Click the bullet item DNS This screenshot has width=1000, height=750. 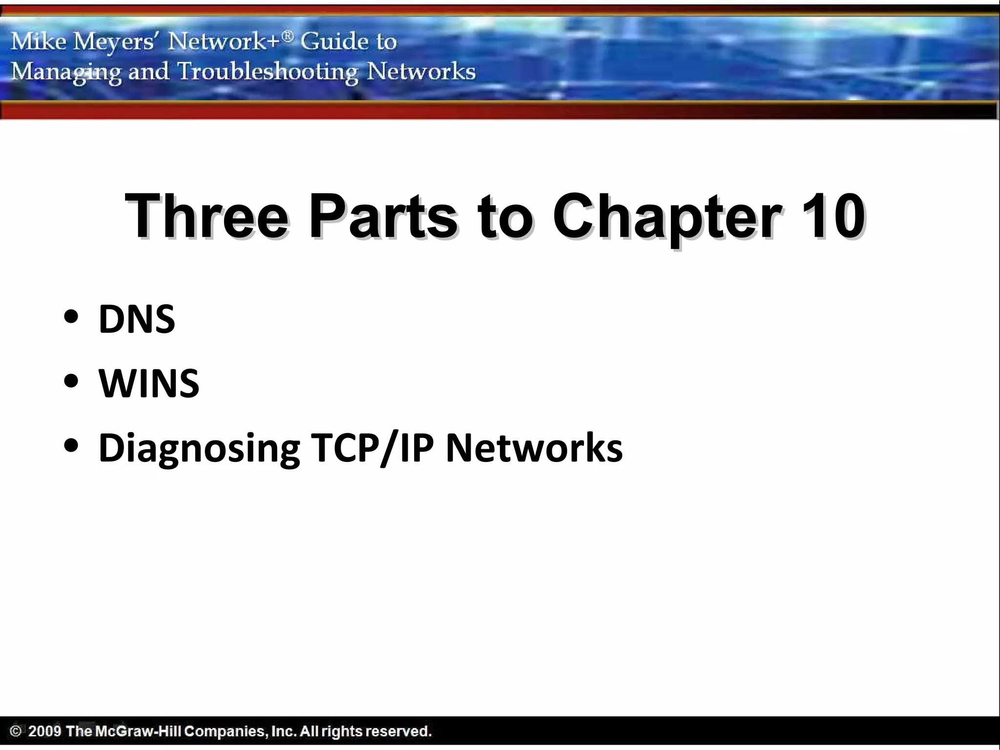point(137,319)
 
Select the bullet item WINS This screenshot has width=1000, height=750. point(149,384)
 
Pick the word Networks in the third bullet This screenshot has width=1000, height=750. point(534,448)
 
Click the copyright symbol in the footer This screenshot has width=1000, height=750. point(16,731)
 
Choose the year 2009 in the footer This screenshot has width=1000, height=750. point(44,731)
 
